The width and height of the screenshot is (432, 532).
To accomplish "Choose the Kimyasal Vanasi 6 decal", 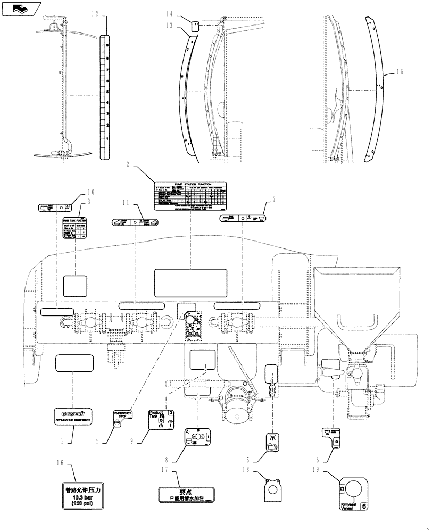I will (x=351, y=498).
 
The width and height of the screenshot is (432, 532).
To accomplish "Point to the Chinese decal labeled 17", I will (x=185, y=495).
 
